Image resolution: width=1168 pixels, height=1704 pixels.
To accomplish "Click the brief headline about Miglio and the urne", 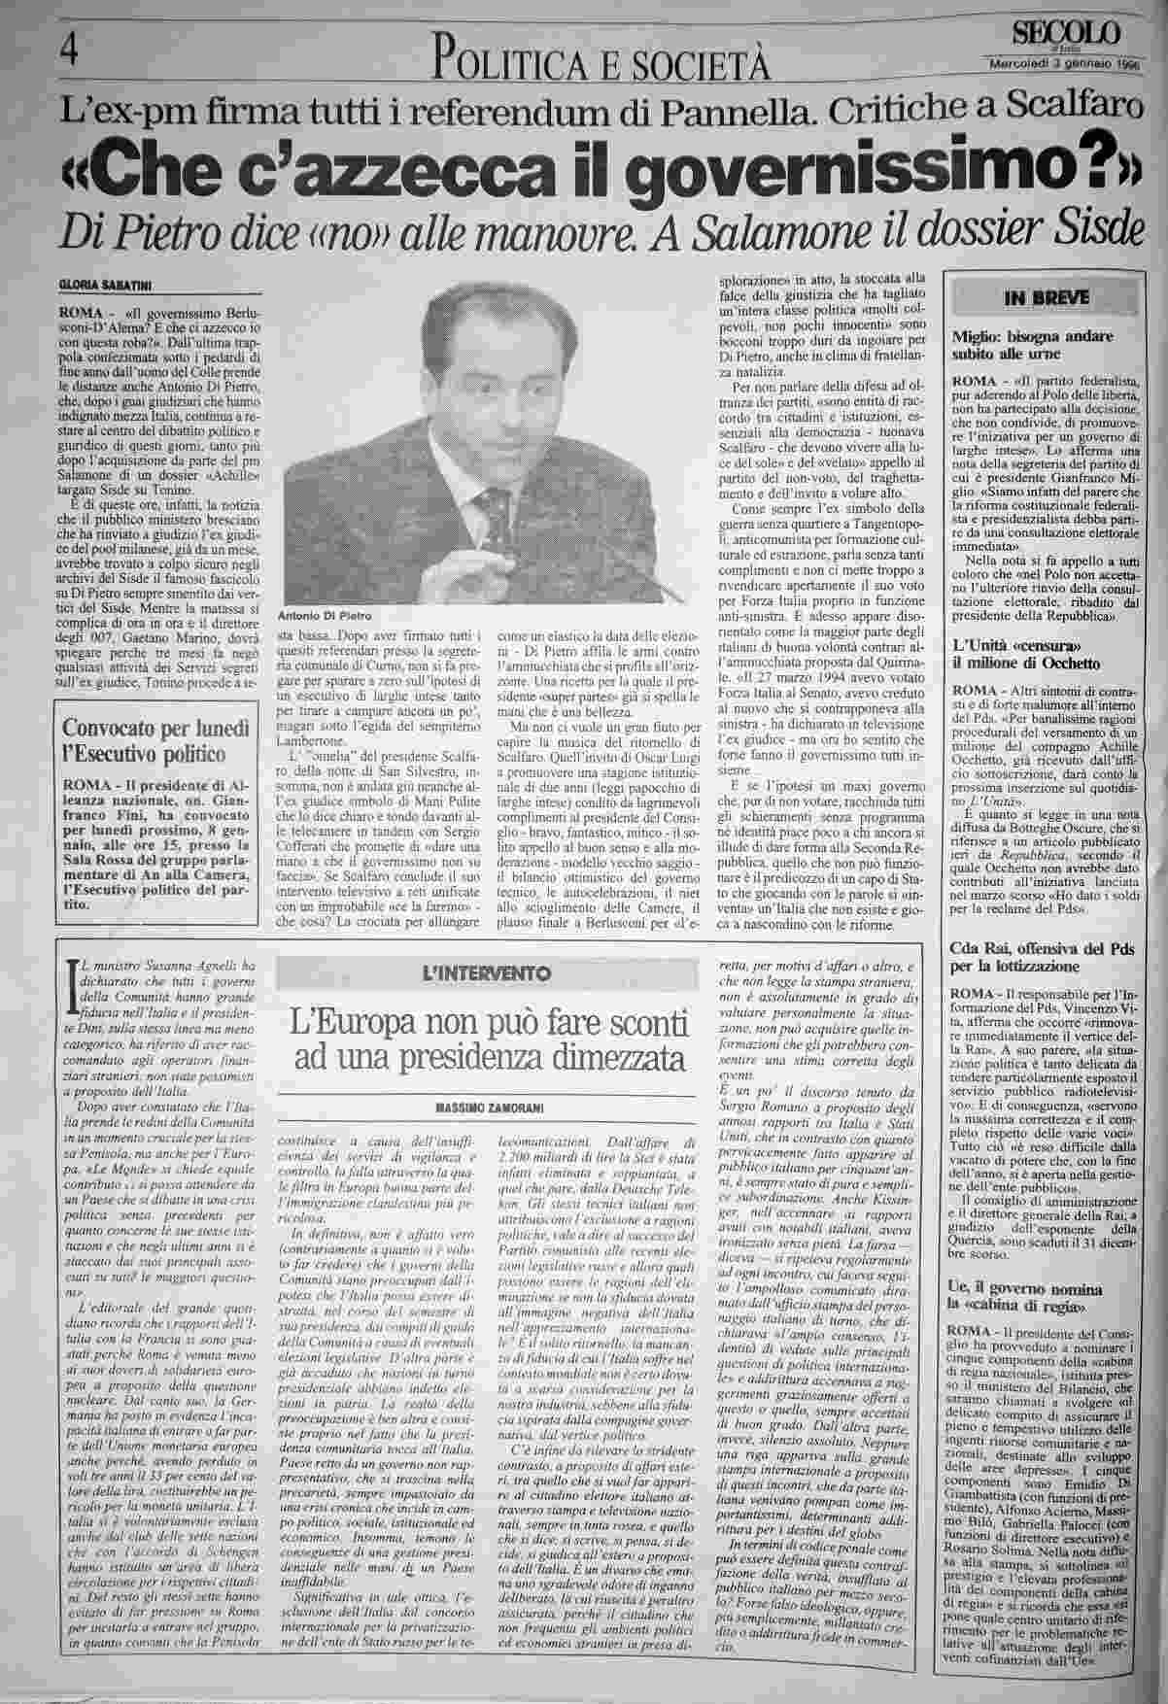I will [x=1032, y=345].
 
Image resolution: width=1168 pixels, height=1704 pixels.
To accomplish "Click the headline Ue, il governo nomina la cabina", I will [x=1032, y=1296].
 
